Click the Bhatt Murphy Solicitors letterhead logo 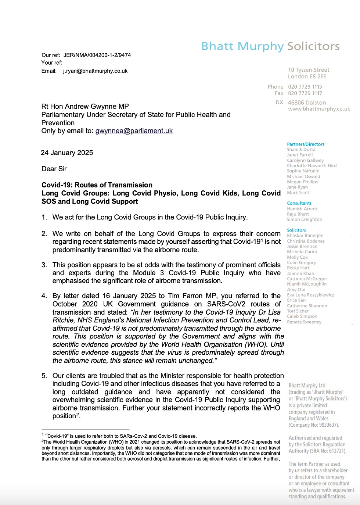(270, 46)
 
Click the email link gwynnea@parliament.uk (134, 131)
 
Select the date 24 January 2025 (67, 153)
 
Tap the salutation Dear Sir (54, 169)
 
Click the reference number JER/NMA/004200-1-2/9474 (97, 55)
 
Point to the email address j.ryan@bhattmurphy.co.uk (95, 71)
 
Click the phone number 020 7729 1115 (305, 87)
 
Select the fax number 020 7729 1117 (305, 93)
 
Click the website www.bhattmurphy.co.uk (319, 109)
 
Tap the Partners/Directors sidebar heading (306, 144)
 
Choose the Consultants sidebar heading (299, 203)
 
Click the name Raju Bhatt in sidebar (298, 214)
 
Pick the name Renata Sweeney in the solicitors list (304, 322)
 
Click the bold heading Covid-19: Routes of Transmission (97, 185)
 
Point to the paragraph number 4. (44, 296)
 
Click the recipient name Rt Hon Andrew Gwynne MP (85, 107)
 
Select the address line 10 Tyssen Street (309, 70)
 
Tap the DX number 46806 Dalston (307, 103)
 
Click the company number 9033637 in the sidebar (328, 425)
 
